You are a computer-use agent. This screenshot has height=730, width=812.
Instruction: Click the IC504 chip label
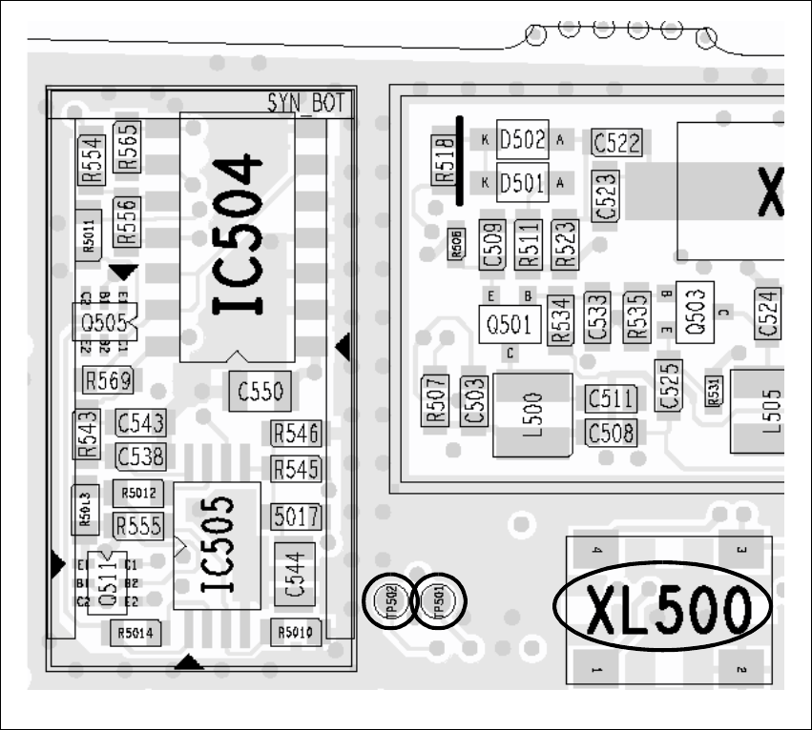[x=236, y=234]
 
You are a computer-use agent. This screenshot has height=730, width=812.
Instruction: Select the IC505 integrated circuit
[x=217, y=546]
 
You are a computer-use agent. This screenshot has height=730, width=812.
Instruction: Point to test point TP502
[x=389, y=601]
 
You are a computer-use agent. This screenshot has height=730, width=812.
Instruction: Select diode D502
[x=522, y=140]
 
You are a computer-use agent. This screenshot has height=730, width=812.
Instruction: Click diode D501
[x=522, y=181]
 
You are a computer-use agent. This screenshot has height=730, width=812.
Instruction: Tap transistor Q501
[x=509, y=324]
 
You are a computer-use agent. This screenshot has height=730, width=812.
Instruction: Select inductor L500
[x=531, y=415]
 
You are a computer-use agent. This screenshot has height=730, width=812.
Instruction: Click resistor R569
[x=107, y=381]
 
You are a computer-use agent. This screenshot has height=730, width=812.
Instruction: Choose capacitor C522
[x=616, y=143]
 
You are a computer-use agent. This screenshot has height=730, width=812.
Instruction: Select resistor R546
[x=296, y=435]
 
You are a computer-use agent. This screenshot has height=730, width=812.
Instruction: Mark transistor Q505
[x=104, y=321]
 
